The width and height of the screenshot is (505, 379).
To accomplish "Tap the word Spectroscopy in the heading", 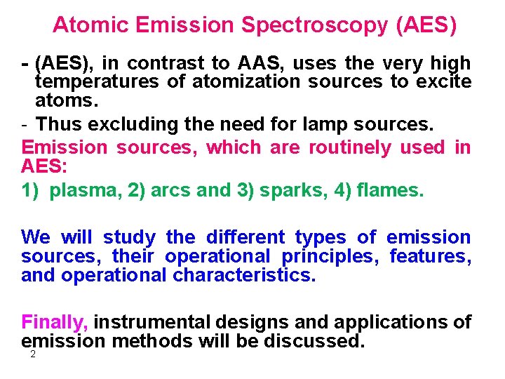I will click(314, 26).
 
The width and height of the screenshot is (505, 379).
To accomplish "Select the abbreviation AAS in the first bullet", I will click(253, 64).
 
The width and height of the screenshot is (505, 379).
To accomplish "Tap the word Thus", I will click(58, 124).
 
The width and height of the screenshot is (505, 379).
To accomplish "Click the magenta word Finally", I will click(55, 322).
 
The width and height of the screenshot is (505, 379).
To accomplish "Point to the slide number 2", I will click(32, 355).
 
